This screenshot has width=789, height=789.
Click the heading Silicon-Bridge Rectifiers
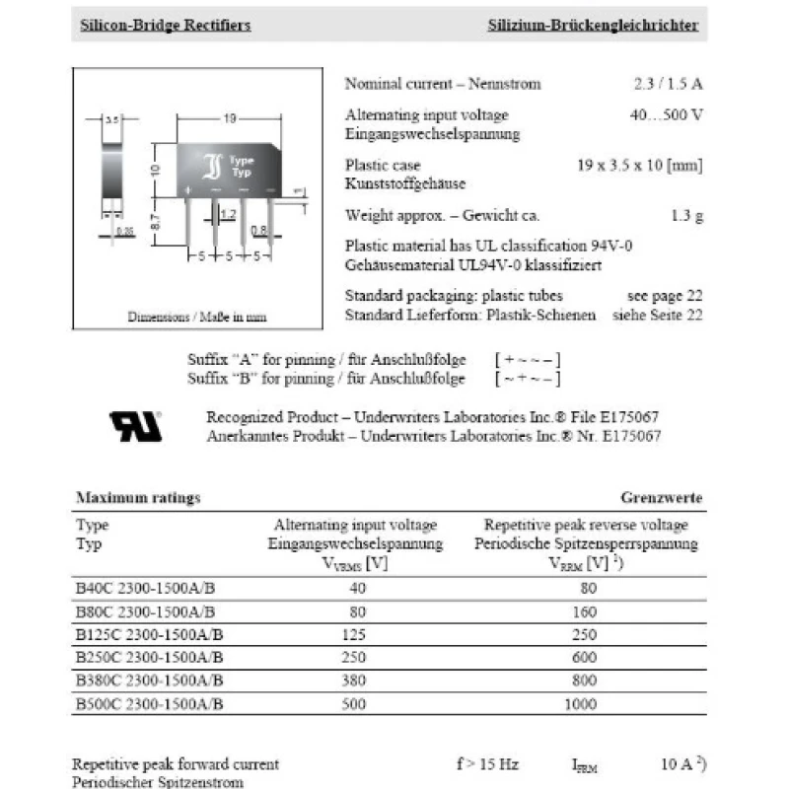coord(165,25)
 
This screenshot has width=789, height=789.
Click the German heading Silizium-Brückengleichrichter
coord(593,25)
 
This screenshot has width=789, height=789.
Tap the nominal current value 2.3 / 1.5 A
coord(668,84)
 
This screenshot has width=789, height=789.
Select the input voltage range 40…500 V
coord(666,114)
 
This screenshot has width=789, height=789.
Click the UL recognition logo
coord(135,426)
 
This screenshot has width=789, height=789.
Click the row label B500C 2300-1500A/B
coord(150,704)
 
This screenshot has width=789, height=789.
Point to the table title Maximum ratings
coord(138,498)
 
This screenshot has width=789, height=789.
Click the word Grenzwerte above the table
coord(661,498)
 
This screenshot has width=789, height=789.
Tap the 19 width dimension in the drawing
coord(229,118)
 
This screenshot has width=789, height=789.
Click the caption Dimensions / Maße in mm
coord(197,318)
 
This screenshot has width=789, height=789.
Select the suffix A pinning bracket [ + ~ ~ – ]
coord(529,360)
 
